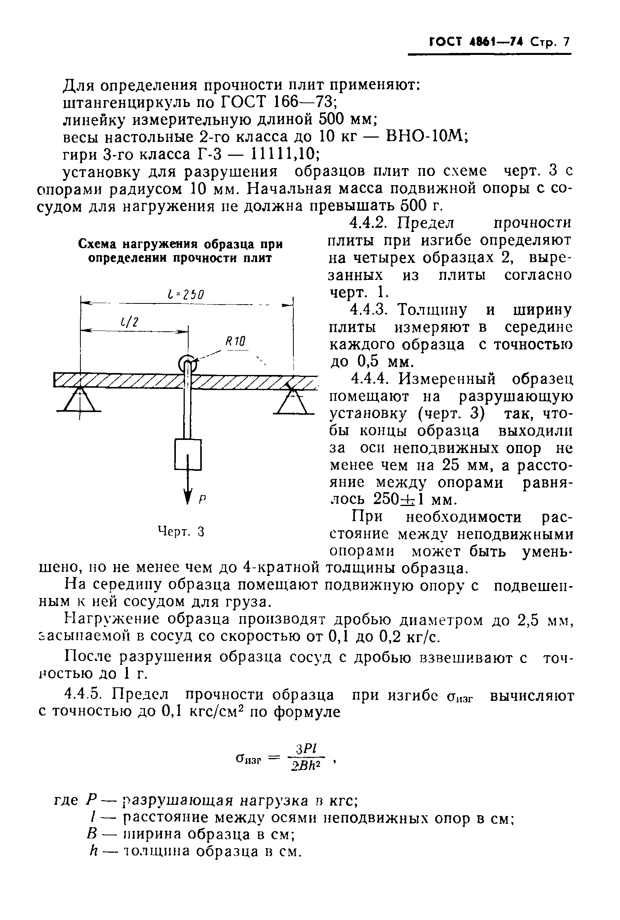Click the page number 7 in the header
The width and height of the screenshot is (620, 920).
566,42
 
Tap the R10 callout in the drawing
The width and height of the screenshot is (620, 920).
236,341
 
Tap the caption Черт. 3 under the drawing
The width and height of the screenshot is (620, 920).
181,532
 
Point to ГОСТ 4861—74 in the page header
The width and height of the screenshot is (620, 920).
476,42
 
